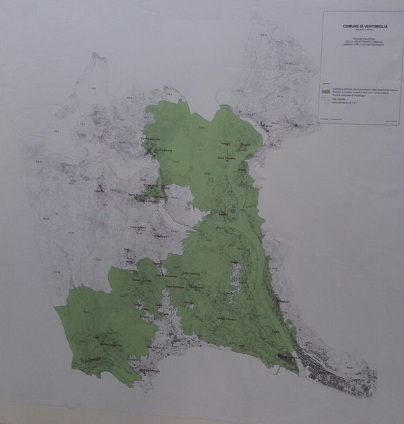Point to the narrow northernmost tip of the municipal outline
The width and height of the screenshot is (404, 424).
pyautogui.click(x=95, y=55)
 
